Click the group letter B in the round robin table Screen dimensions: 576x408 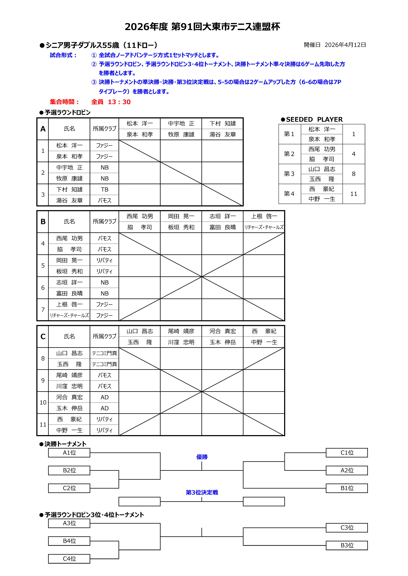coord(43,222)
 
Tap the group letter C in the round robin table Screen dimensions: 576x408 coord(43,336)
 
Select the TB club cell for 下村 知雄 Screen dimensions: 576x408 coord(105,190)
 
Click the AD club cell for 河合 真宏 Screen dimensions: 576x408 coord(105,397)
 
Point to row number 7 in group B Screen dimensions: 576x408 coord(43,310)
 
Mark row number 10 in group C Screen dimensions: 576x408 coord(43,403)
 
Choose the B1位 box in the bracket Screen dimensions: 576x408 coord(347,488)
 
